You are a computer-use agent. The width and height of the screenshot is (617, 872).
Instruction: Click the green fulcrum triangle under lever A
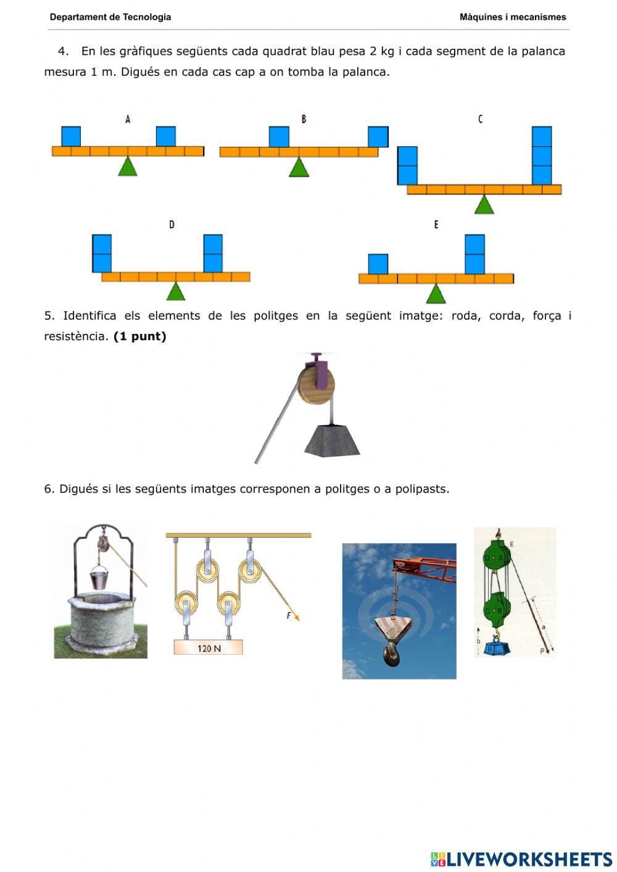pyautogui.click(x=128, y=167)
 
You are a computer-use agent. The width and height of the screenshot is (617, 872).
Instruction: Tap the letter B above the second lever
pyautogui.click(x=304, y=119)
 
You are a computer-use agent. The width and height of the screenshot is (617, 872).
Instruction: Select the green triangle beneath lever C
pyautogui.click(x=484, y=205)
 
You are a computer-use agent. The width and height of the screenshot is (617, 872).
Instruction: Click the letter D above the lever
pyautogui.click(x=172, y=225)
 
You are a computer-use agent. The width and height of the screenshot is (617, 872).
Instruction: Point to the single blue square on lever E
pyautogui.click(x=378, y=264)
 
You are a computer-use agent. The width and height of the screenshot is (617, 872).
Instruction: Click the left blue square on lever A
pyautogui.click(x=71, y=136)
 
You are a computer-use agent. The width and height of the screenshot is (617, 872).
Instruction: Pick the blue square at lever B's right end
pyautogui.click(x=378, y=137)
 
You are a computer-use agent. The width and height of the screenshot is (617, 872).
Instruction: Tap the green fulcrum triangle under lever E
pyautogui.click(x=436, y=294)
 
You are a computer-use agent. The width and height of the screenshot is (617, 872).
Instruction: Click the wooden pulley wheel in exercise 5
pyautogui.click(x=316, y=386)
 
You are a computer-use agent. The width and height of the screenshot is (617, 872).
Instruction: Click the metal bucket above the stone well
pyautogui.click(x=99, y=579)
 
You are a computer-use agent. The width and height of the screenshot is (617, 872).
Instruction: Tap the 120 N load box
pyautogui.click(x=208, y=647)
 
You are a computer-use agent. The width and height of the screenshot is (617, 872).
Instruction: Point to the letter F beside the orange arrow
pyautogui.click(x=289, y=616)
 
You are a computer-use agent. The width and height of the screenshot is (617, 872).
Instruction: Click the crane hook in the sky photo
pyautogui.click(x=391, y=653)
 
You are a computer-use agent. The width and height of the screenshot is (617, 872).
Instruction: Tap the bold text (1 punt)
pyautogui.click(x=140, y=336)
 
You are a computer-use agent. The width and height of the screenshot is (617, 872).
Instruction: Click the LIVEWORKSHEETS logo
pyautogui.click(x=521, y=859)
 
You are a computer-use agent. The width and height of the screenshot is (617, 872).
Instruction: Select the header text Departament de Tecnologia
pyautogui.click(x=110, y=17)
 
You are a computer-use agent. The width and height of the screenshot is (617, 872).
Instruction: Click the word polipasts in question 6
pyautogui.click(x=421, y=489)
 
